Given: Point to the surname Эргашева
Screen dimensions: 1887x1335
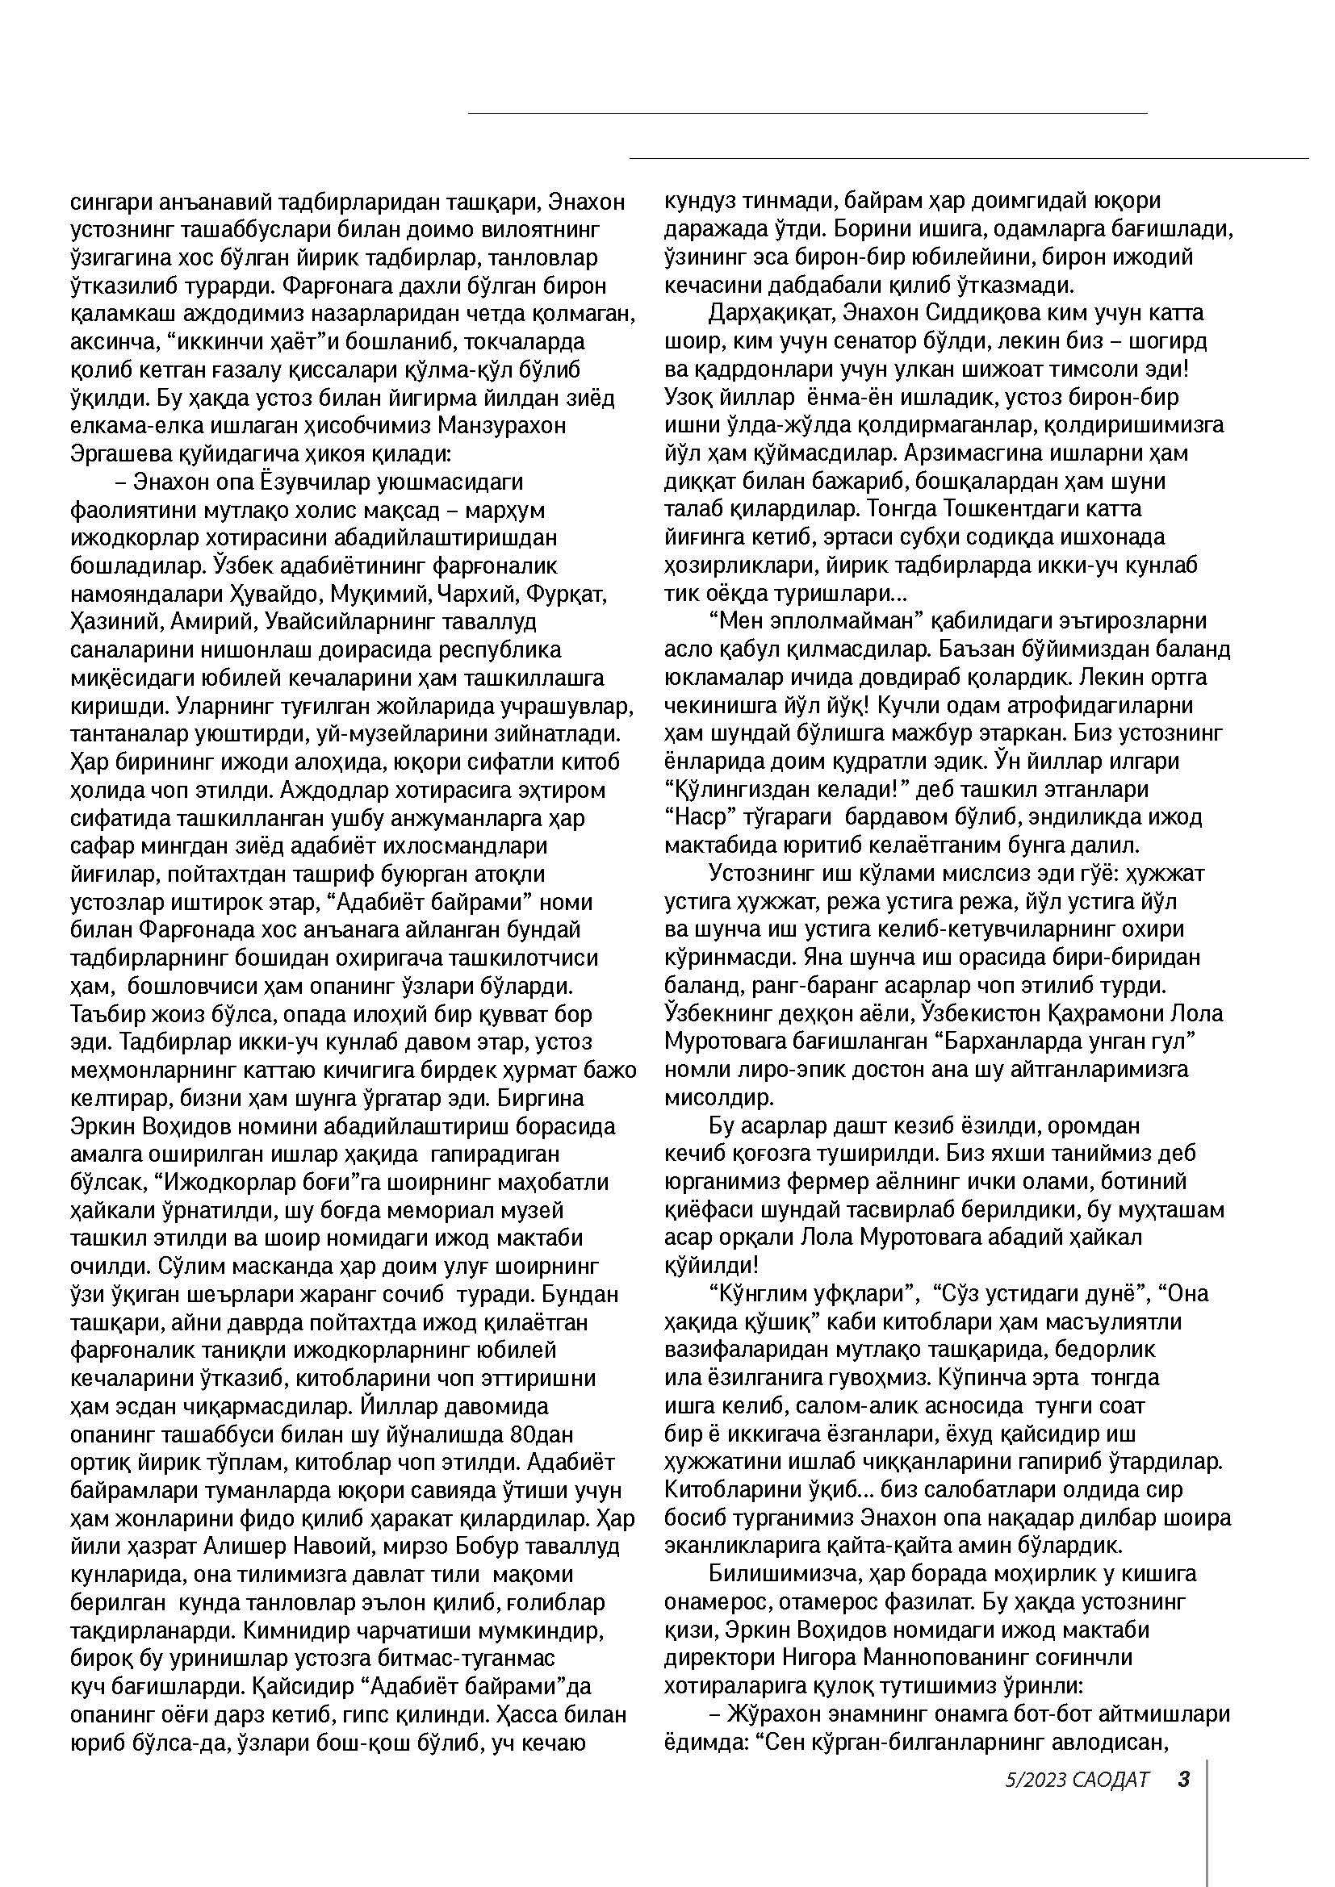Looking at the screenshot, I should tap(121, 453).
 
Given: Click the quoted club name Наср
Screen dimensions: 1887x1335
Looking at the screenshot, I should tap(700, 818).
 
